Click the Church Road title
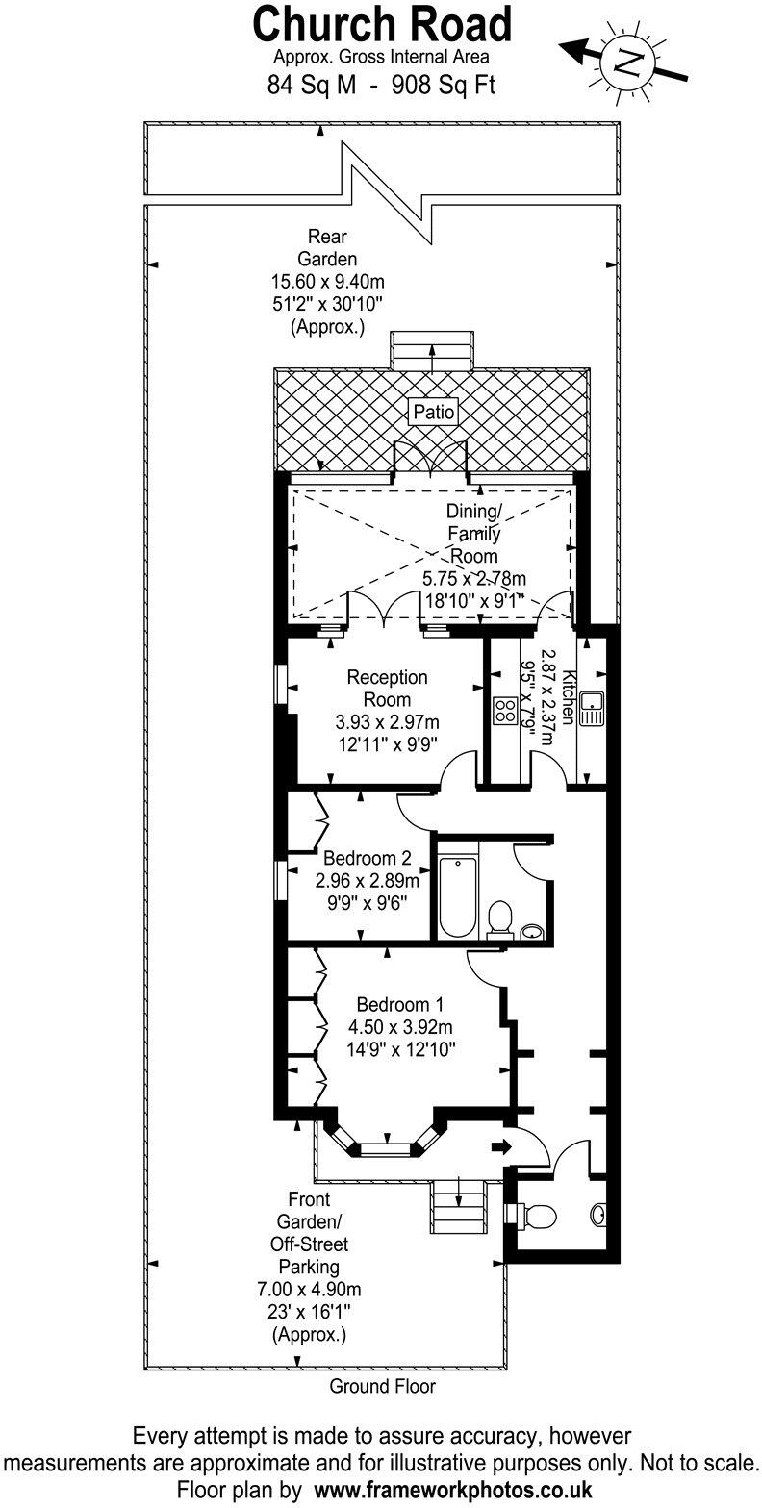(x=382, y=25)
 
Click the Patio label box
(x=433, y=413)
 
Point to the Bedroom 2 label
(x=368, y=858)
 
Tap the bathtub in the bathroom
(x=458, y=896)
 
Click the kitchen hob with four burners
(x=505, y=711)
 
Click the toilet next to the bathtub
(x=499, y=918)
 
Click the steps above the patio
(x=432, y=348)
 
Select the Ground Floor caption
(x=382, y=1386)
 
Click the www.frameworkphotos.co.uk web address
(x=453, y=1489)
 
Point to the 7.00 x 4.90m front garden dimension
(x=309, y=1289)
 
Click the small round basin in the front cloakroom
(x=601, y=1215)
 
